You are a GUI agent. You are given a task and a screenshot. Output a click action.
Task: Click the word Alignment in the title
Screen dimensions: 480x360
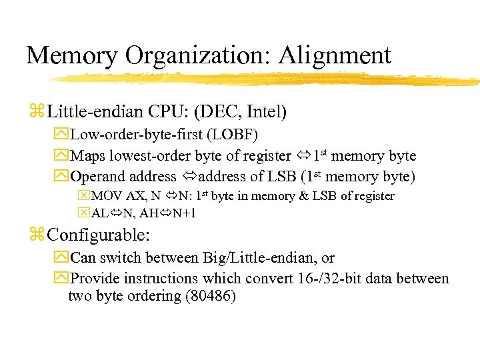(x=335, y=55)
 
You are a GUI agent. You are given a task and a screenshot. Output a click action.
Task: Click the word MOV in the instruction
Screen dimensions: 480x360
(x=104, y=196)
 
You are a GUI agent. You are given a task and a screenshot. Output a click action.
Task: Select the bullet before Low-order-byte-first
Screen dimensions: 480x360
(x=61, y=135)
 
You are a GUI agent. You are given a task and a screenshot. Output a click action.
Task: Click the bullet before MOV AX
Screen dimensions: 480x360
(x=84, y=196)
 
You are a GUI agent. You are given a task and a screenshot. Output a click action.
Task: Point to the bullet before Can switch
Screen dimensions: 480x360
(x=61, y=257)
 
